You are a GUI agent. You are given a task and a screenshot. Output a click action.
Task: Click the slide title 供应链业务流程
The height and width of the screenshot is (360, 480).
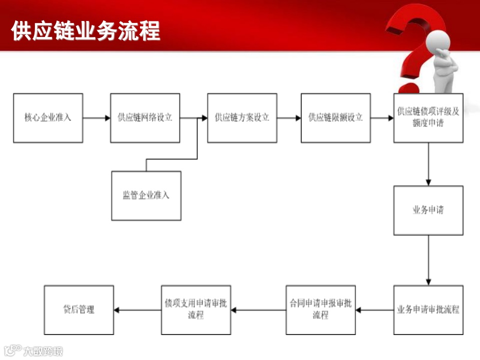click(x=85, y=31)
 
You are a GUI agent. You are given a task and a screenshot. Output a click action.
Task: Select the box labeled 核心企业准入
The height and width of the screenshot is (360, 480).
click(x=48, y=118)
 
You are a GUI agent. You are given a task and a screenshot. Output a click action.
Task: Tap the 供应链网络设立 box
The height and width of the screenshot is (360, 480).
click(x=145, y=118)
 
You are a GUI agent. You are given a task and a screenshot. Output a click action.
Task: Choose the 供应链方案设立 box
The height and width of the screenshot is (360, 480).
click(x=242, y=118)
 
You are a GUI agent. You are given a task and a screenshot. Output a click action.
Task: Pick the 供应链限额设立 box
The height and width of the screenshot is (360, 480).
click(x=335, y=118)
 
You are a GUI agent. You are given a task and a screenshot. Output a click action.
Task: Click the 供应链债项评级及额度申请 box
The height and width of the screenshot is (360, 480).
click(x=428, y=118)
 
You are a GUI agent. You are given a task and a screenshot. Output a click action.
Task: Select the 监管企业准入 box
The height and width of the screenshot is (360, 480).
click(x=146, y=195)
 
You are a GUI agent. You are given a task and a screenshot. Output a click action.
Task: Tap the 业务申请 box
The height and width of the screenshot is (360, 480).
click(x=428, y=210)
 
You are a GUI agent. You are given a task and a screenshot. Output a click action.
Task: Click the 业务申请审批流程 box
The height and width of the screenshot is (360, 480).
click(x=428, y=310)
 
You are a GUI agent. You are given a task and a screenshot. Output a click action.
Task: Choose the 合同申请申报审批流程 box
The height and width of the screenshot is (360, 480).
click(x=320, y=310)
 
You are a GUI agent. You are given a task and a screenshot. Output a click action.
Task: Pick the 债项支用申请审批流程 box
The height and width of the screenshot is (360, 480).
click(x=196, y=310)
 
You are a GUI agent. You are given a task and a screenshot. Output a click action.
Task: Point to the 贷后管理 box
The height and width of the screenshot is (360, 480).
click(x=79, y=310)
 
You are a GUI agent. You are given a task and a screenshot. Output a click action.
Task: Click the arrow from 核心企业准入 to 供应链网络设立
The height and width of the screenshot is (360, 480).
click(x=96, y=118)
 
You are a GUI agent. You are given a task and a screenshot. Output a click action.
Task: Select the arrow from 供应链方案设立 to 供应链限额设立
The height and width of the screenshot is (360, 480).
click(x=289, y=118)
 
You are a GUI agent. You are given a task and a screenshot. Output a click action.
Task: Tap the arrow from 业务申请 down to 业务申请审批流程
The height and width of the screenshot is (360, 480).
click(x=428, y=260)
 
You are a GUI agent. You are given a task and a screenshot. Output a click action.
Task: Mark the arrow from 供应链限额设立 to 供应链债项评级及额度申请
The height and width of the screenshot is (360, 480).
click(x=382, y=118)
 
